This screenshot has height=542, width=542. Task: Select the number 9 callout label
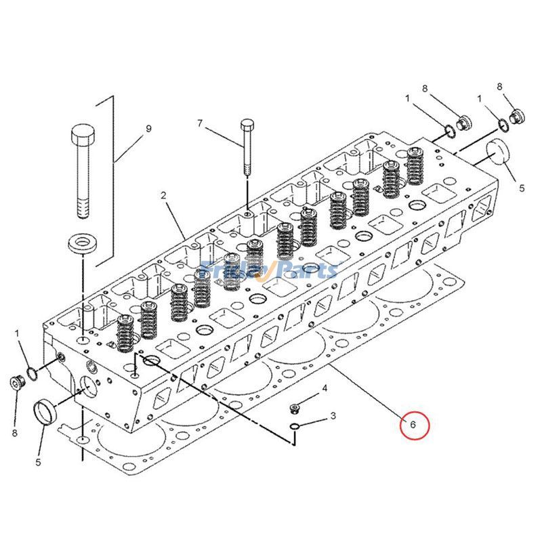[x=148, y=128]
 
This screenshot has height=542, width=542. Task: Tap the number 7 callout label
[x=200, y=123]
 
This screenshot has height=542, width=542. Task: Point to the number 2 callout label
[x=163, y=195]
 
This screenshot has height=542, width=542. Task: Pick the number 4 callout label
[x=325, y=388]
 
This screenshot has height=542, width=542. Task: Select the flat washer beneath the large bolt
[x=81, y=243]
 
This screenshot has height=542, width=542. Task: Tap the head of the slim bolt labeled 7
[x=247, y=125]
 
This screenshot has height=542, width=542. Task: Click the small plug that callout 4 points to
[x=295, y=407]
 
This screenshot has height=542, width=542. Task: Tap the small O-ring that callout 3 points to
[x=295, y=426]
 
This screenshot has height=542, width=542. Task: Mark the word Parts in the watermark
[x=308, y=270]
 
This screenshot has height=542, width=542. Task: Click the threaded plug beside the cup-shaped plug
[x=16, y=383]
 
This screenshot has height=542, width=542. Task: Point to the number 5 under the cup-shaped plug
[x=38, y=462]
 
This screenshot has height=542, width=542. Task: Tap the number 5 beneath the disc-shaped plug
[x=522, y=188]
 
